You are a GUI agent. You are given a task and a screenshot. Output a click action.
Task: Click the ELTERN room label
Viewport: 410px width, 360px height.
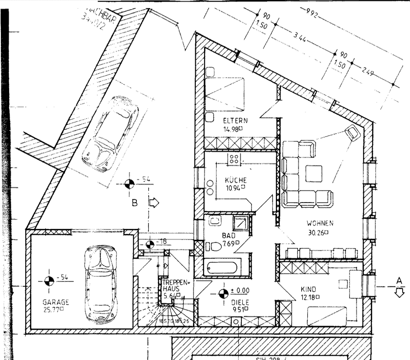click(x=233, y=121)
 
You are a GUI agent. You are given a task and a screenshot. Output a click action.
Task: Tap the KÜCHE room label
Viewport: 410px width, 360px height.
click(x=235, y=180)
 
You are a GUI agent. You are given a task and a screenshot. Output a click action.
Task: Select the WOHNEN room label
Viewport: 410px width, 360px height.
click(x=320, y=224)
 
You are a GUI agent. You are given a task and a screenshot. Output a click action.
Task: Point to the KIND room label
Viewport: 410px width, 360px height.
click(x=308, y=289)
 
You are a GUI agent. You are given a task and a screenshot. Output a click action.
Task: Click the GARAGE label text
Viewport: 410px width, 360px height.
click(x=56, y=302)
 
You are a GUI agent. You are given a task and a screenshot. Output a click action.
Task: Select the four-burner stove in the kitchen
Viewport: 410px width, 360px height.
click(x=234, y=159)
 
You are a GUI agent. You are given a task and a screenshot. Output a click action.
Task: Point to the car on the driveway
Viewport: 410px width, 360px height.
click(x=110, y=134)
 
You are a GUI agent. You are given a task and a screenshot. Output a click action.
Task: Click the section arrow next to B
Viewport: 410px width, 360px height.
click(x=153, y=203)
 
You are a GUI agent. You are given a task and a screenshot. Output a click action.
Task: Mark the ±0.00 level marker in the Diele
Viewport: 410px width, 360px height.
click(x=223, y=293)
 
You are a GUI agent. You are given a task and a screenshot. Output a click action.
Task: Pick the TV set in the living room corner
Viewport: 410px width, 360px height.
click(x=354, y=133)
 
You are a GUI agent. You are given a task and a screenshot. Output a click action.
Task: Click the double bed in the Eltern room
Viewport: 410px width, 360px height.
click(x=224, y=94)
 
